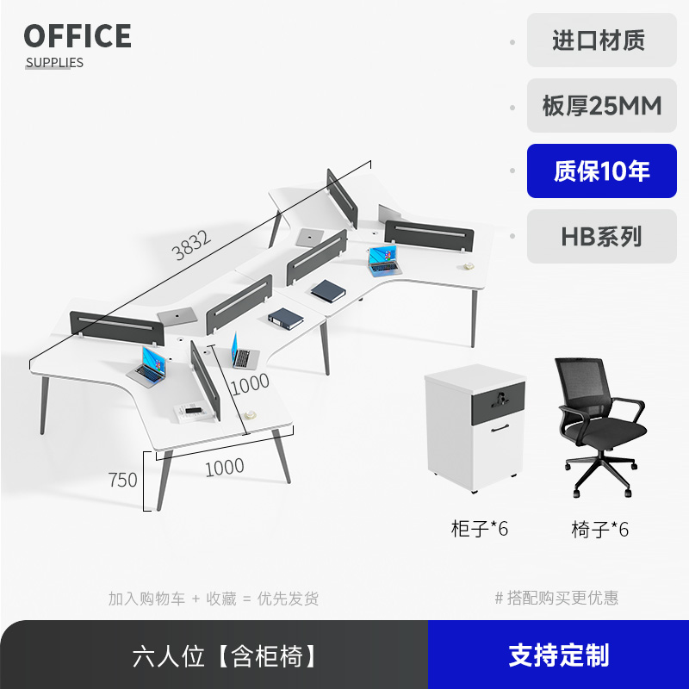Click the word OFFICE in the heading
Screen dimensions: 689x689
coord(78,36)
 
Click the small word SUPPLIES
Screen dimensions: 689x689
coord(54,62)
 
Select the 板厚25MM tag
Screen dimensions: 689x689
coord(601,106)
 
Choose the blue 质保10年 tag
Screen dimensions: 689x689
coord(601,171)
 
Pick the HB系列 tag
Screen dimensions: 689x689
coord(601,237)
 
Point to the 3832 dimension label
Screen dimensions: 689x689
coord(191,247)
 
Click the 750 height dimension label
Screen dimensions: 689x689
coord(123,480)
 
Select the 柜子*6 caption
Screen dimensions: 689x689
coord(480,528)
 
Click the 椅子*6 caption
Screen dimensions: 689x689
coord(599,529)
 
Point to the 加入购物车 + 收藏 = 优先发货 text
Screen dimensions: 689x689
coord(213,598)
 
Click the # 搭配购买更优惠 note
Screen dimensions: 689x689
coord(556,598)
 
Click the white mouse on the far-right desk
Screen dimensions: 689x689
coord(469,265)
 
